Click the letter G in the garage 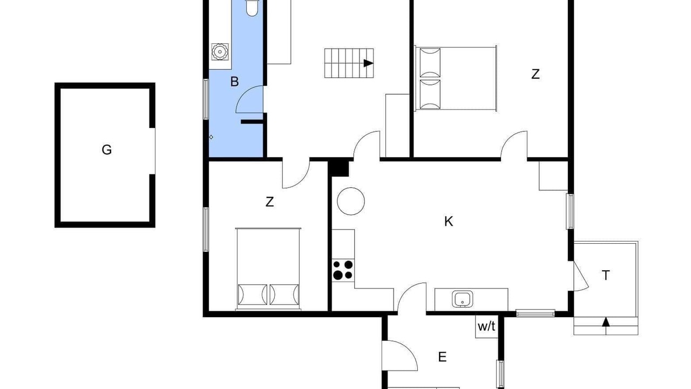point(106,150)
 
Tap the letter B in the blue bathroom point(234,82)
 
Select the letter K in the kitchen point(449,222)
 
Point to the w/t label point(486,326)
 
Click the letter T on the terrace point(606,275)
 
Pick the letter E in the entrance point(442,357)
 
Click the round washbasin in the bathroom point(220,52)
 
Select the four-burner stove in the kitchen point(343,270)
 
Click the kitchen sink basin point(463,299)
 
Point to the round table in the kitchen point(351,202)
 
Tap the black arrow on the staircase point(368,63)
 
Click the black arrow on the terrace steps point(606,321)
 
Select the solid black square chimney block point(338,169)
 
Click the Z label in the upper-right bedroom point(536,75)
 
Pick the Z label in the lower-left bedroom point(269,202)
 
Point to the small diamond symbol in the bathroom point(211,137)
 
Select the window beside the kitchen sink point(536,314)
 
